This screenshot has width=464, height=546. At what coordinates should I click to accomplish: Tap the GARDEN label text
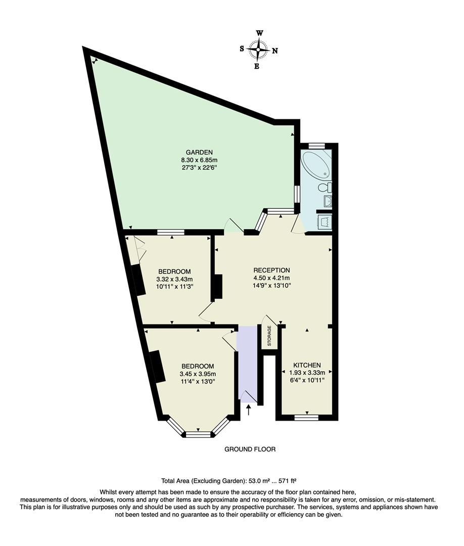[x=199, y=152]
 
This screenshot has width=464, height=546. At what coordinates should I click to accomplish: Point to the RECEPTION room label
[x=272, y=269]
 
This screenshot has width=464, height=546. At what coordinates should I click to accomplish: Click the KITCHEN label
[x=307, y=365]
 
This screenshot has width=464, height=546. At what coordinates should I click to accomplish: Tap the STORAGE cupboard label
[x=269, y=336]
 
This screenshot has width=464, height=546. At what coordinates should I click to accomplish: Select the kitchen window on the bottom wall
[x=306, y=418]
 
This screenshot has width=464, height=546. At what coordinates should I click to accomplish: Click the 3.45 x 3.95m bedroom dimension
[x=198, y=374]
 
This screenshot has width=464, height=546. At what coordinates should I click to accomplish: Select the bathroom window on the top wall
[x=316, y=146]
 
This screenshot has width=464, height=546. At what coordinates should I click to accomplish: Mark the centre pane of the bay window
[x=198, y=434]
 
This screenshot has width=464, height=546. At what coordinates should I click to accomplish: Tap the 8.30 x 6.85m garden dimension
[x=199, y=160]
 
